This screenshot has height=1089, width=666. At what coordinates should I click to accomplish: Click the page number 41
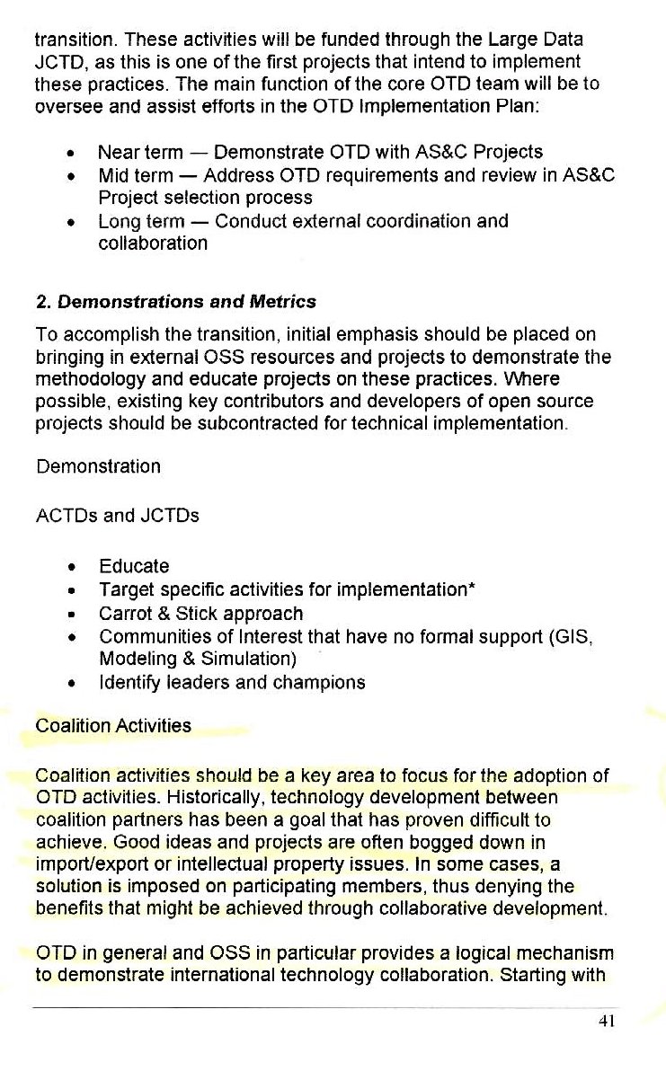coord(604,1021)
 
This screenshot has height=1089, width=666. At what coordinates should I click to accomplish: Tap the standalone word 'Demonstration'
coord(98,466)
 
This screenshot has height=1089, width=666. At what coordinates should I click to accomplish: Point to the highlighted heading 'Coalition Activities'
coord(112,726)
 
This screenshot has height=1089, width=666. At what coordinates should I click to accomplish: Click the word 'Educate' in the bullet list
coord(134,567)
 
